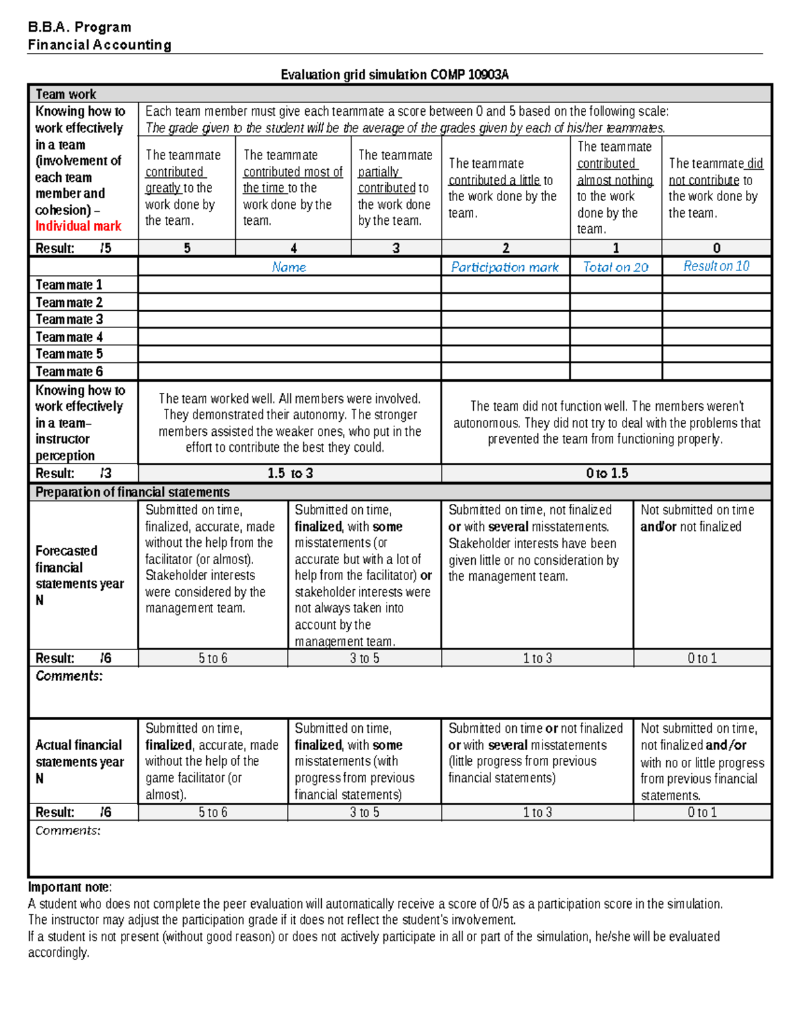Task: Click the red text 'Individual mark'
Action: click(x=78, y=226)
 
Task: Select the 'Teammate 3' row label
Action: click(x=69, y=319)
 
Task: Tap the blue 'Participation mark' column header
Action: click(x=505, y=267)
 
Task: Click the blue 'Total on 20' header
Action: click(x=615, y=267)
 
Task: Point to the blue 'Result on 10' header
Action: click(x=716, y=266)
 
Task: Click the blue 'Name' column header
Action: click(x=289, y=267)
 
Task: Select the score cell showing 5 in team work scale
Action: click(x=187, y=248)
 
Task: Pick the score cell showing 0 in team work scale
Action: click(x=716, y=248)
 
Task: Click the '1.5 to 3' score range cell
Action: click(x=289, y=473)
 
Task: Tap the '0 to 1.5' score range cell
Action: click(x=606, y=473)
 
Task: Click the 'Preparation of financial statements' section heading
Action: click(x=132, y=492)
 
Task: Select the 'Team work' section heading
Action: click(x=65, y=94)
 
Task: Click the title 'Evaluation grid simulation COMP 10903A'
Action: click(x=395, y=75)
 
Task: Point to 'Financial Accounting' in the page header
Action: click(x=99, y=45)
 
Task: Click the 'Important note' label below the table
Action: click(x=69, y=887)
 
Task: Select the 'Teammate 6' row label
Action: click(x=69, y=372)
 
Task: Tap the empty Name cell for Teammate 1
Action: click(x=289, y=285)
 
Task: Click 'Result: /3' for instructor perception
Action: click(x=73, y=473)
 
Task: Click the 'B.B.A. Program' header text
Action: click(x=79, y=27)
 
